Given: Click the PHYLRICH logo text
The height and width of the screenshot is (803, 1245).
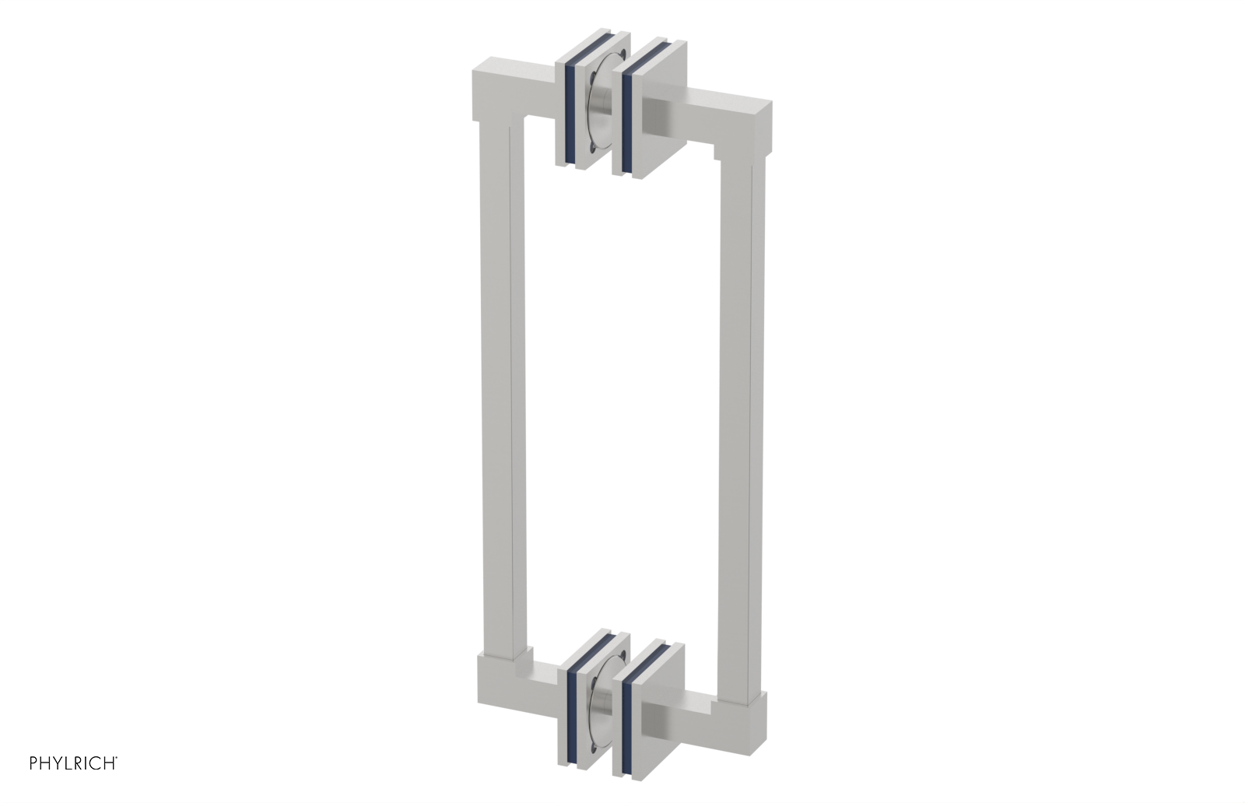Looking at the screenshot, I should coord(73,763).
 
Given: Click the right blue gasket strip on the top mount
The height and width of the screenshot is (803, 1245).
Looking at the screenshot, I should coord(627,117).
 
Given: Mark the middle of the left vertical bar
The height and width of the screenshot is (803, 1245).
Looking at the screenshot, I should coord(498,389).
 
